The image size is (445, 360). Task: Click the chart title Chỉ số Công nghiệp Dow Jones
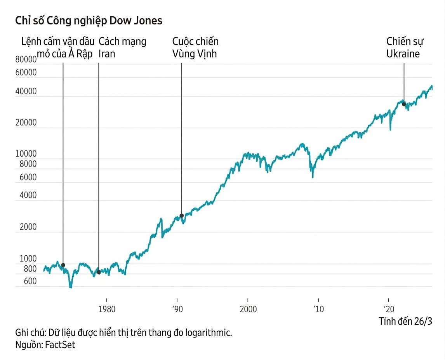pyautogui.click(x=89, y=21)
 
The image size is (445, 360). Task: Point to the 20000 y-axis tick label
pyautogui.click(x=26, y=123)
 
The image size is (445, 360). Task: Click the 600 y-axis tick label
pyautogui.click(x=30, y=281)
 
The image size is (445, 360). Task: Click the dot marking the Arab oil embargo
pyautogui.click(x=63, y=265)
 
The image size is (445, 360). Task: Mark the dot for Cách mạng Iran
pyautogui.click(x=99, y=272)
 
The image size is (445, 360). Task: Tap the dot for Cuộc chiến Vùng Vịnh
pyautogui.click(x=181, y=216)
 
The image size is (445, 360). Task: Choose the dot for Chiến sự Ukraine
pyautogui.click(x=404, y=104)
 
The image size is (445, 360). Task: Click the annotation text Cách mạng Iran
pyautogui.click(x=122, y=47)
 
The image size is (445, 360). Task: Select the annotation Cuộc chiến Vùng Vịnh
pyautogui.click(x=195, y=47)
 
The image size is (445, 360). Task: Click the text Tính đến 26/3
pyautogui.click(x=405, y=321)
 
